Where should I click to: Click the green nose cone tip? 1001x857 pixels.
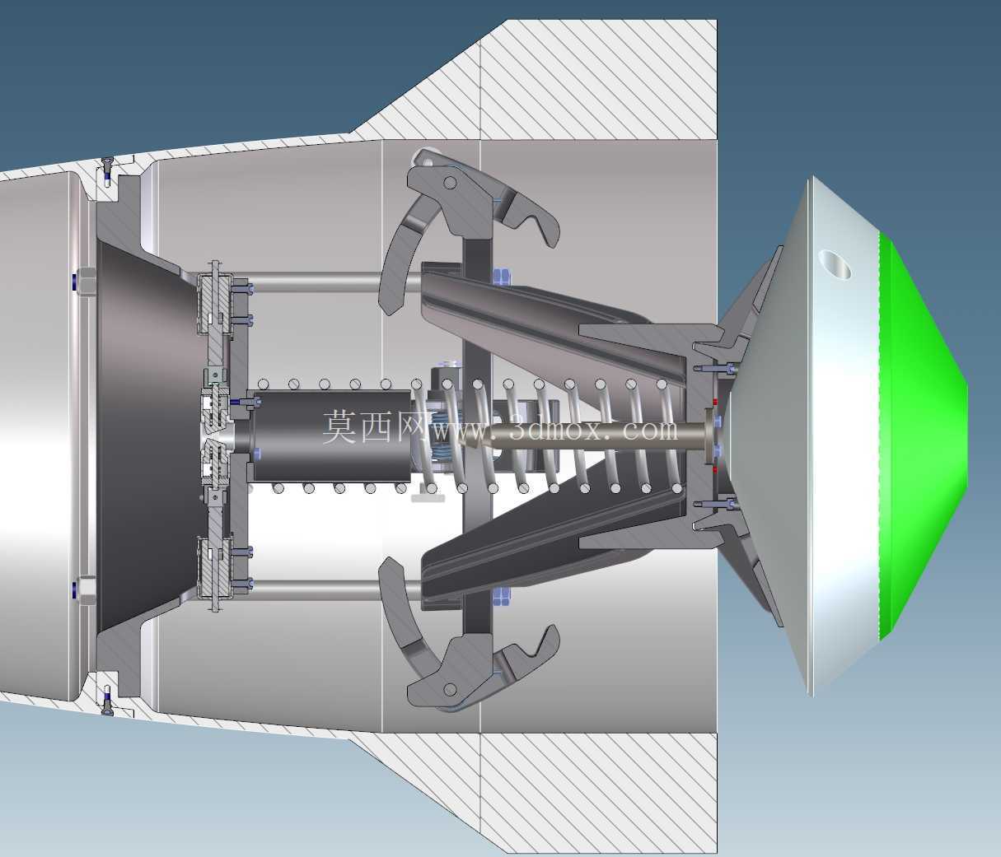click(x=966, y=435)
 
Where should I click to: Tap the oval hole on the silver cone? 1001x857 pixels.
click(x=834, y=265)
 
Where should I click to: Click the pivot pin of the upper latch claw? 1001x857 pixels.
click(x=450, y=183)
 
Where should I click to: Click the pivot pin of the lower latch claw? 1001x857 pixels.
click(x=450, y=688)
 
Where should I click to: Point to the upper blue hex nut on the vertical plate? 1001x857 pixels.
click(x=501, y=276)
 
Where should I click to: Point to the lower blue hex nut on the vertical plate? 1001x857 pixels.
click(x=501, y=597)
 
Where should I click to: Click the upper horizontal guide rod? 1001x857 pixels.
click(x=334, y=282)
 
